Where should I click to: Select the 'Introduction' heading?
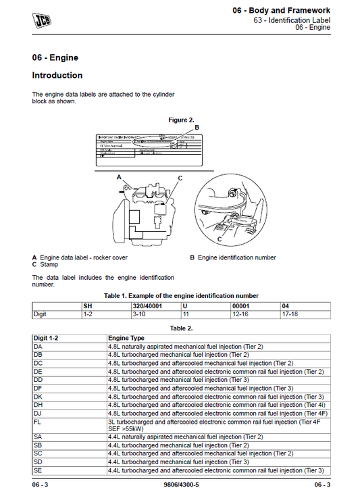pos(57,76)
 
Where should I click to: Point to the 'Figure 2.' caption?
pos(181,120)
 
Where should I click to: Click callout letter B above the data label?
pos(197,127)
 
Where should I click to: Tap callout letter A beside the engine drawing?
pos(119,176)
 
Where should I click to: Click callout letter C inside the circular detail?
pos(220,239)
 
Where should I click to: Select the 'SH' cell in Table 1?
pos(87,305)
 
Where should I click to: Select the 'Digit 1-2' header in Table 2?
pos(47,337)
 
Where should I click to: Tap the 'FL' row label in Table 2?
pos(38,422)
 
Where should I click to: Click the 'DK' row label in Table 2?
pos(38,397)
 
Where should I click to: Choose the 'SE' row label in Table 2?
pos(38,470)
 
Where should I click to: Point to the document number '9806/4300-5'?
pos(180,485)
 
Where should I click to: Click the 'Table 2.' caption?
pos(180,328)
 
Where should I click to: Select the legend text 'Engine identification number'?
pos(236,257)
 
